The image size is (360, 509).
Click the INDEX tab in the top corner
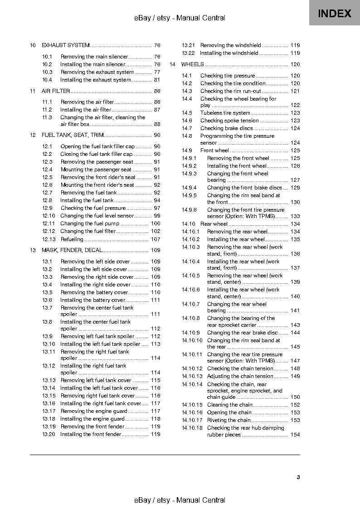[x=335, y=13]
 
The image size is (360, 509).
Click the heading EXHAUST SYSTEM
[x=65, y=45]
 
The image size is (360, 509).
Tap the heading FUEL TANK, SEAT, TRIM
[x=73, y=135]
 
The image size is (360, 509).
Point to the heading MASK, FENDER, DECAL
[x=72, y=250]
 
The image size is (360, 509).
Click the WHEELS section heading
[x=192, y=64]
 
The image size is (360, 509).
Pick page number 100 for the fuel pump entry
[x=156, y=223]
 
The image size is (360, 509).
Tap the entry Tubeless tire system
[x=225, y=113]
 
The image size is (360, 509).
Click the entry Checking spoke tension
[x=229, y=121]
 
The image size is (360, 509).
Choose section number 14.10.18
[x=192, y=428]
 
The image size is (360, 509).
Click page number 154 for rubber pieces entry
[x=295, y=435]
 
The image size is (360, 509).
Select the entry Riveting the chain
[x=229, y=420]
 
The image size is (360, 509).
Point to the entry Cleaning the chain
[x=229, y=405]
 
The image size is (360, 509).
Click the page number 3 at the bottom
[x=298, y=477]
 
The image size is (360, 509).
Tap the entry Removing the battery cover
[x=91, y=292]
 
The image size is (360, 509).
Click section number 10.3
[x=47, y=72]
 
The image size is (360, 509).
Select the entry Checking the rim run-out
[x=230, y=91]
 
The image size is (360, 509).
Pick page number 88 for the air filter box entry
[x=157, y=124]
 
